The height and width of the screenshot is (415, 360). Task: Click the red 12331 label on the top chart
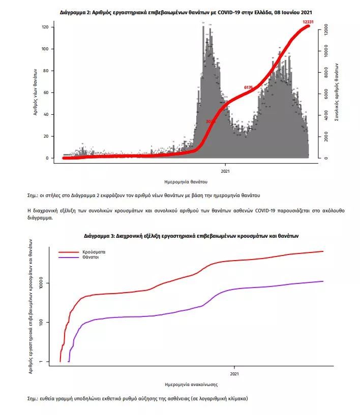coord(307,22)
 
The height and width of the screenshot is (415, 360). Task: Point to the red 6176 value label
coord(249,87)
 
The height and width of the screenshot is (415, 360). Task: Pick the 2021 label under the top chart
coord(226,170)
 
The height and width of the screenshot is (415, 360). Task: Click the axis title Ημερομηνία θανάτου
coord(186,181)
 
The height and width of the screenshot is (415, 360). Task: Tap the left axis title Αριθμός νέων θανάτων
coord(36,91)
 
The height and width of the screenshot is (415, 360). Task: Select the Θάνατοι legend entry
coord(90,258)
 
